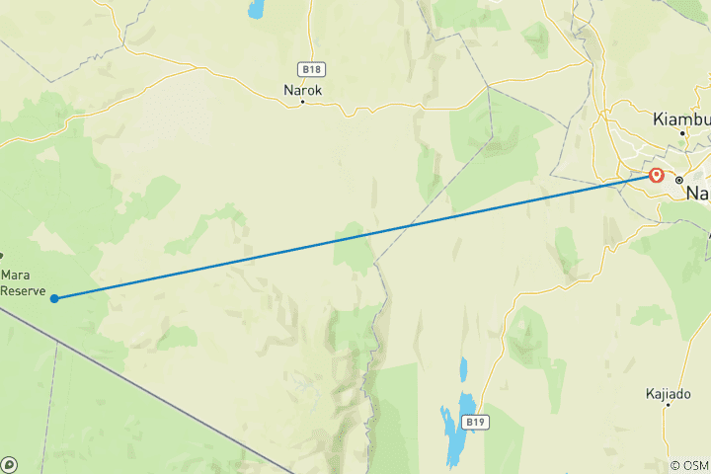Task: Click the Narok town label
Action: coord(302,89)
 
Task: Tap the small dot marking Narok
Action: coord(303,102)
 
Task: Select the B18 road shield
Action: coord(311,69)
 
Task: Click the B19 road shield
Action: coord(477,423)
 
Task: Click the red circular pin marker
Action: coord(657,176)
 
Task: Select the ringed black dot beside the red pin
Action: coord(679,180)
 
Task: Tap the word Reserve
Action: coord(23,290)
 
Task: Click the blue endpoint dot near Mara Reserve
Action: coord(54,298)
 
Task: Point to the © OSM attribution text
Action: coord(688,465)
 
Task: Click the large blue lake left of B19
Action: coord(457,431)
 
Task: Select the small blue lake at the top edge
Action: coord(257,10)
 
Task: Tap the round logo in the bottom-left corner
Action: coord(9,463)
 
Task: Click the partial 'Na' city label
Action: coord(697,194)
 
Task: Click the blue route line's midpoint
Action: coord(355,237)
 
